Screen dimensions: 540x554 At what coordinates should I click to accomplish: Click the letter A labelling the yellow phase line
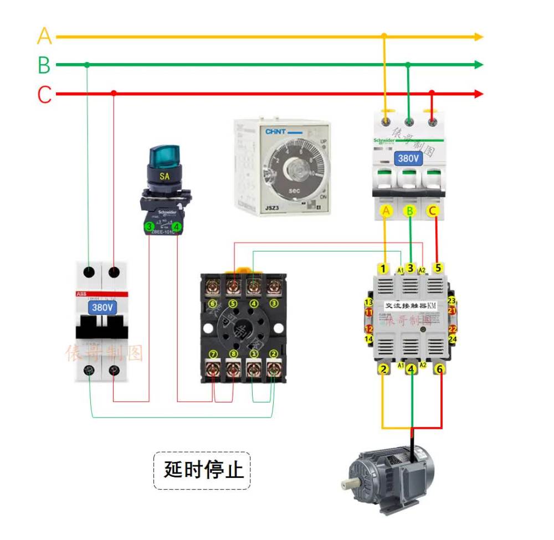44,37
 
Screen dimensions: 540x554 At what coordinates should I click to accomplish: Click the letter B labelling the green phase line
44,65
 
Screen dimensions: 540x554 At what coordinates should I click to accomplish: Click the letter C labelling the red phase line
44,95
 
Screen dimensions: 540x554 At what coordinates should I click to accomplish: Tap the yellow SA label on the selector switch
164,176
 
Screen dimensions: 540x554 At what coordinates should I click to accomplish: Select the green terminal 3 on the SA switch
149,227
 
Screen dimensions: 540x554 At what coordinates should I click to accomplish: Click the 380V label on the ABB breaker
102,306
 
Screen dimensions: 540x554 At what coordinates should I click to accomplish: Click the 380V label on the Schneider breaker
409,158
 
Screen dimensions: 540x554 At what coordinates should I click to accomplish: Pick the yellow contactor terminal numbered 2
382,368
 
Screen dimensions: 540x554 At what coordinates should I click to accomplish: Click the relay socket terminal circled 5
233,304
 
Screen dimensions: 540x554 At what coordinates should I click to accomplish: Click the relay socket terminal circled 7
213,354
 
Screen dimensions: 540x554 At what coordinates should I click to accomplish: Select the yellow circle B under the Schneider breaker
410,210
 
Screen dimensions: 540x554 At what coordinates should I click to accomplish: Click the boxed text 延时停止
203,470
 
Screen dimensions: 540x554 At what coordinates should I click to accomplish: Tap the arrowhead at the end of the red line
479,94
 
